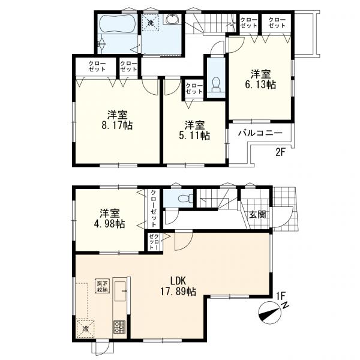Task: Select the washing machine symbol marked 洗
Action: coord(150,23)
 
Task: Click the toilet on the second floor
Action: coord(216,84)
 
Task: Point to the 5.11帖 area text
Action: coord(194,136)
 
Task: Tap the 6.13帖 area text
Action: coord(260,85)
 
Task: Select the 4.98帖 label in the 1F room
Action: coord(109,223)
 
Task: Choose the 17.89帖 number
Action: coord(178,292)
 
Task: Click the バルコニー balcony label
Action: coord(260,133)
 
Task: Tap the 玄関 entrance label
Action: coord(257,215)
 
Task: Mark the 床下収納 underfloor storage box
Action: coord(102,286)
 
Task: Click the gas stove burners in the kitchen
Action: coord(119,327)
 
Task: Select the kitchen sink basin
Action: coord(120,291)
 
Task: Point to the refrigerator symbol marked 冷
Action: coord(85,329)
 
